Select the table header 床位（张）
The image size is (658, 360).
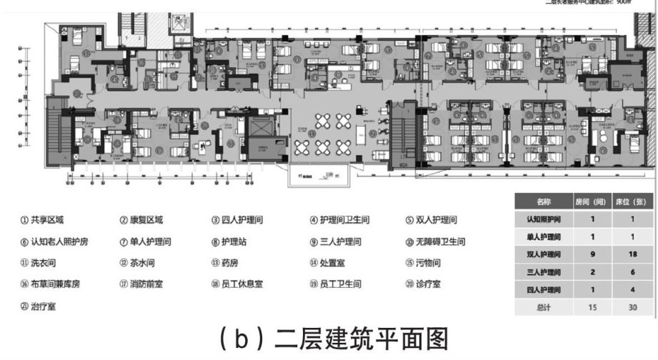[x=631, y=202]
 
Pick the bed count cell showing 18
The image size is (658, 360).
[x=631, y=254]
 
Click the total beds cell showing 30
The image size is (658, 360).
[x=631, y=307]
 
